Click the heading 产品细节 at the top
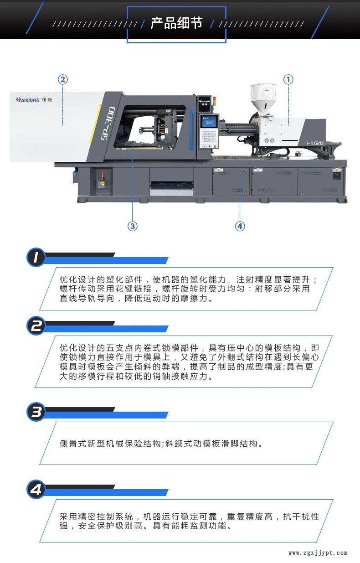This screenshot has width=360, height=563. click(x=176, y=23)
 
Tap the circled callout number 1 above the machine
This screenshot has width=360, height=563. click(x=288, y=79)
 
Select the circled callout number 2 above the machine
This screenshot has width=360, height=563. click(x=63, y=79)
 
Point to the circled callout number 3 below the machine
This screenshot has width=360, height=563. click(x=133, y=226)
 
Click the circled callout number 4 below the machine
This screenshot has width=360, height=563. click(x=240, y=226)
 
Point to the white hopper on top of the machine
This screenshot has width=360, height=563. click(x=263, y=98)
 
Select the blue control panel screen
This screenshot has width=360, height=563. click(x=209, y=122)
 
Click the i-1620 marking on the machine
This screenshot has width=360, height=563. click(x=315, y=143)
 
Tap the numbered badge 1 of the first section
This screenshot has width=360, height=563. click(x=36, y=257)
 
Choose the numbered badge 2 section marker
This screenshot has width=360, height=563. click(x=36, y=326)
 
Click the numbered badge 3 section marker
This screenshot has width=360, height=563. click(x=36, y=412)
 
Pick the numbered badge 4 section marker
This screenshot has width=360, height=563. click(x=36, y=490)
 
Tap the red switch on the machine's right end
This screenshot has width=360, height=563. click(x=336, y=176)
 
